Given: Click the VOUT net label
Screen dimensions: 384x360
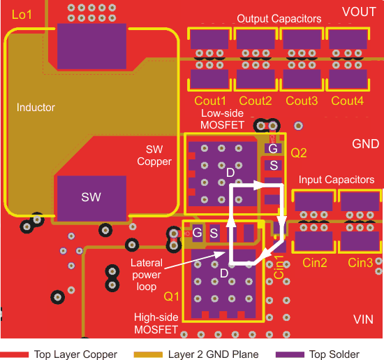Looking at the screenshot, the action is (359, 12).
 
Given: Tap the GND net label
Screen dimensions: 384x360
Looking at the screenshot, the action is (365, 144).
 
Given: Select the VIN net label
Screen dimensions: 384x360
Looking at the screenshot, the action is (364, 319).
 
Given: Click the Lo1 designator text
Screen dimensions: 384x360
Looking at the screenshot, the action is (22, 15).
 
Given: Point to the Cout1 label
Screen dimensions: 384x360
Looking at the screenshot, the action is (210, 101).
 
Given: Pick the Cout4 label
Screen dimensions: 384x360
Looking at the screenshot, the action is (347, 101).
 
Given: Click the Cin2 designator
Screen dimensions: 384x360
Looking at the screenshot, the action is (315, 263).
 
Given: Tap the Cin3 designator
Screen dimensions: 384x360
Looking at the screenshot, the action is (360, 263).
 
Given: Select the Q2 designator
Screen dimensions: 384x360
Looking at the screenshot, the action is (299, 153).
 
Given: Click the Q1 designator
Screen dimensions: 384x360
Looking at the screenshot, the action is (172, 296).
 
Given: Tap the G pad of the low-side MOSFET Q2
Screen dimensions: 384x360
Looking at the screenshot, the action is (273, 148).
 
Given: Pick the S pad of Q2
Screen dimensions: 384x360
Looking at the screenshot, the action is (273, 165).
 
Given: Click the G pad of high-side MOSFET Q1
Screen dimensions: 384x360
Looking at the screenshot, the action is (198, 233).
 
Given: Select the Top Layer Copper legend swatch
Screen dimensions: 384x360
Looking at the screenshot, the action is (15, 354).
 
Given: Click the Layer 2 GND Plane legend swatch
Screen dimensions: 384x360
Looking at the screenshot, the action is (148, 354).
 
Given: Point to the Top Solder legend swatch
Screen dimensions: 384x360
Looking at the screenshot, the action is (290, 354).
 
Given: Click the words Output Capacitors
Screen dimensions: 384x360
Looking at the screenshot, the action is (279, 19).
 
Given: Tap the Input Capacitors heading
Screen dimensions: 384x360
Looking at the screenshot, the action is (337, 180).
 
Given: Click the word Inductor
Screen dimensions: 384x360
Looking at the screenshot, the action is (36, 108).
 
